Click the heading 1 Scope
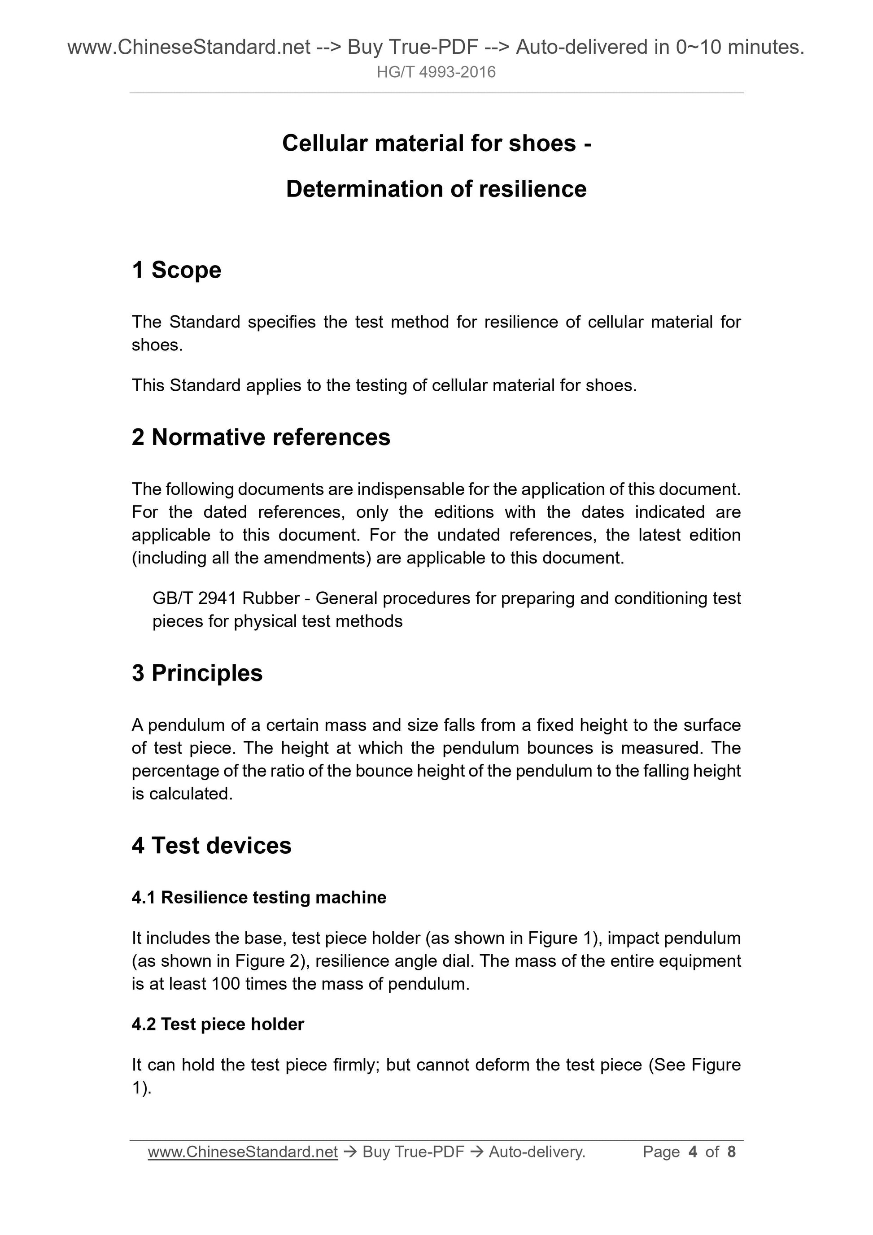[x=176, y=270]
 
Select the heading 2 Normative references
[x=261, y=437]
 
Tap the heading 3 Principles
[x=197, y=673]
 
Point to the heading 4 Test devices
[x=211, y=845]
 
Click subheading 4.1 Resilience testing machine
[x=259, y=897]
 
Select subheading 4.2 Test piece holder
[x=218, y=1024]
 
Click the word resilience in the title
[x=532, y=189]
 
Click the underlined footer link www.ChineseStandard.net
[x=243, y=1152]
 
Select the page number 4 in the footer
[x=693, y=1152]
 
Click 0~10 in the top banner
[x=698, y=48]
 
